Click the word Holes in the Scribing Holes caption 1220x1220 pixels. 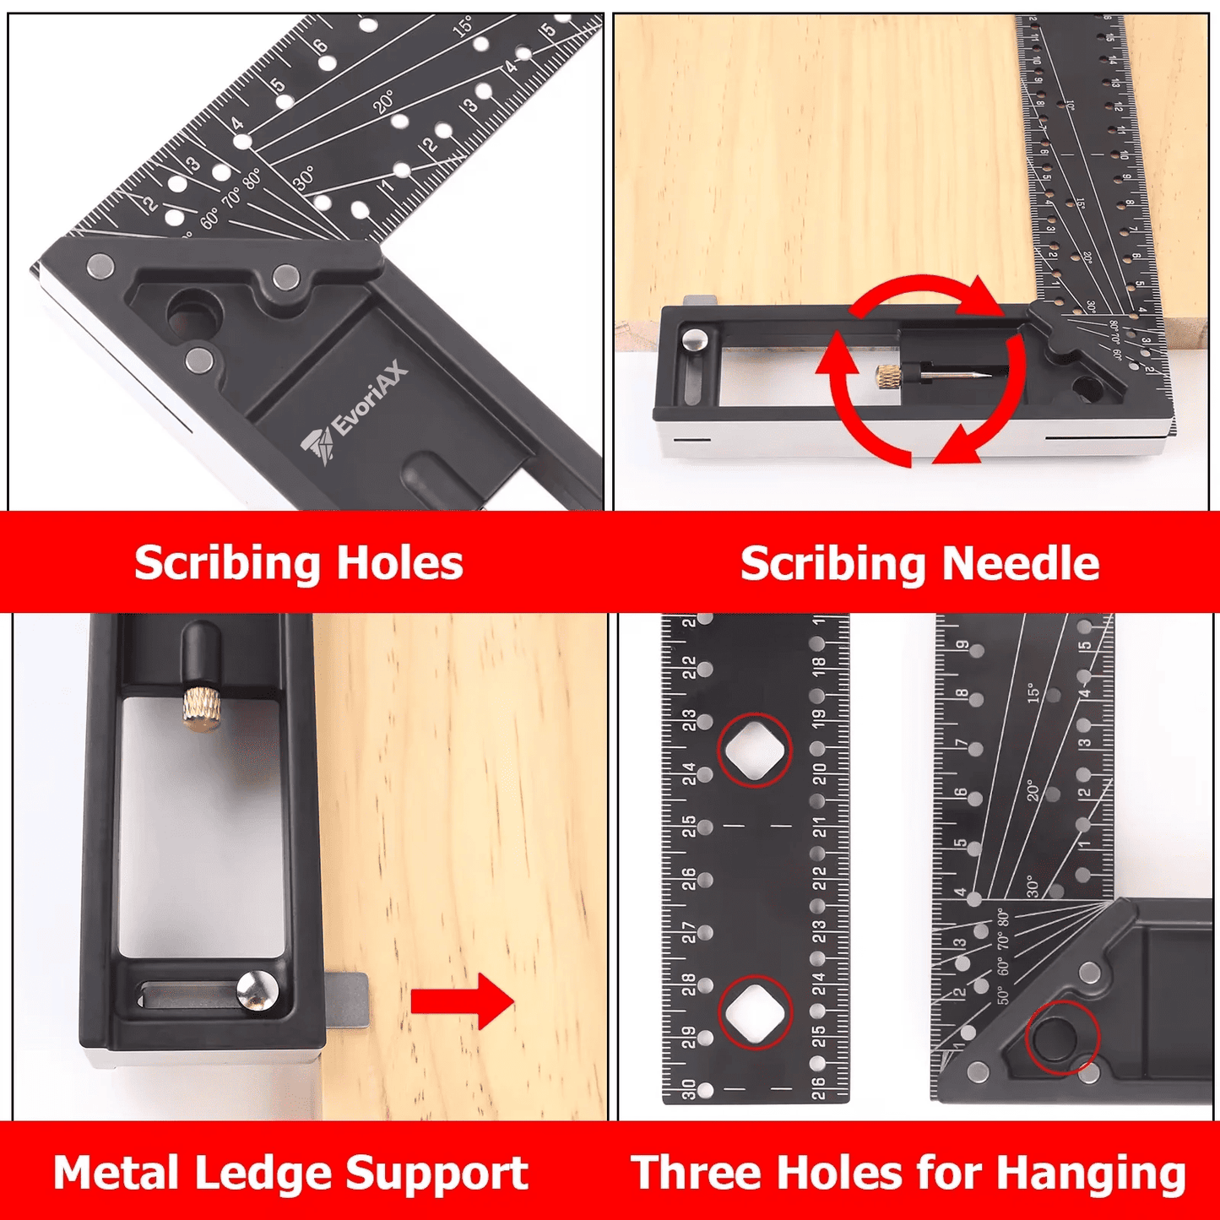pos(399,563)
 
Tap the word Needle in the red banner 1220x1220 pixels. pos(1020,563)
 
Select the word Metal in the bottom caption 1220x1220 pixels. pos(117,1173)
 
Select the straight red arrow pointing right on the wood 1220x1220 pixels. pos(462,1001)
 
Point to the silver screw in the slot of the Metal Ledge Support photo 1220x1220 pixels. pos(257,990)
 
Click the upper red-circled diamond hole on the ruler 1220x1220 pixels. pos(754,751)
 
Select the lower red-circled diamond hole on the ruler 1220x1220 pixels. pos(754,1011)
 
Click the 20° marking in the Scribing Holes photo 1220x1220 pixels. pos(384,102)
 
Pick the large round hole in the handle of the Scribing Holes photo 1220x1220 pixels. pos(193,315)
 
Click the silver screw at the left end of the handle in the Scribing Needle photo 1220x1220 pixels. pos(696,340)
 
